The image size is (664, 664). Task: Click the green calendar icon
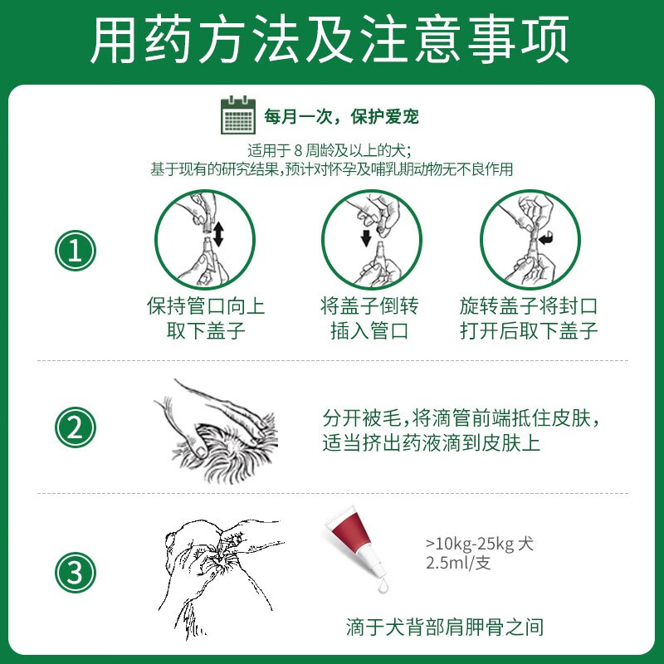[238, 115]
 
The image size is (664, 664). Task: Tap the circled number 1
[76, 251]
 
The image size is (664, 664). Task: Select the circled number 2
[76, 427]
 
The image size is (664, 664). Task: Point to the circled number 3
[76, 573]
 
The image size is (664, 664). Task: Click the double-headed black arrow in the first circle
[218, 235]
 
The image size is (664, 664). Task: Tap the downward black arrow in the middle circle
[366, 238]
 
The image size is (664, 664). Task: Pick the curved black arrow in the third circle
[547, 238]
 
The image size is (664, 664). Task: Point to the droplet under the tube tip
[383, 586]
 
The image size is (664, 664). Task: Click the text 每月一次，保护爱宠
[341, 117]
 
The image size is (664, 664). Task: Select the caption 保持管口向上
[206, 305]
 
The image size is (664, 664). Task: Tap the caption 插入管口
[369, 330]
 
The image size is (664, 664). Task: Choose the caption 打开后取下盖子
[529, 330]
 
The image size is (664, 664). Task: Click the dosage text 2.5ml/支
[458, 564]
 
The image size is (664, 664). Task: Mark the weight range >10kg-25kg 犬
[480, 544]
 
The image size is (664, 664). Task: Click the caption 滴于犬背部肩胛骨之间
[445, 627]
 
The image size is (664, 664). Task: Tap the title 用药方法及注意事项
[330, 40]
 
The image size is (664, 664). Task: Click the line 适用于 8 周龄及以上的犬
[330, 150]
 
